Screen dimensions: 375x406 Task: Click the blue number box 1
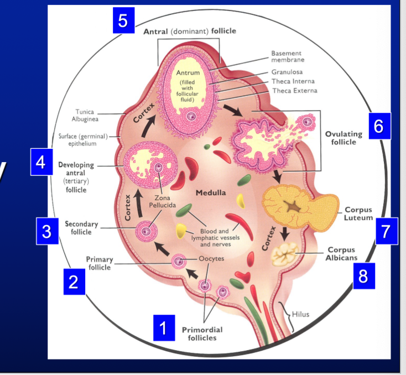[163, 327]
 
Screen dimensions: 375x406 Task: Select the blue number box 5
[123, 20]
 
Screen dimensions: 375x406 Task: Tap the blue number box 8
[363, 276]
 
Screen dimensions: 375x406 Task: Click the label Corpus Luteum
[358, 214]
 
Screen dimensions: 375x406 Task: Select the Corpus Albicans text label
[341, 254]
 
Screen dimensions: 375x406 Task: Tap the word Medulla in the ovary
[211, 193]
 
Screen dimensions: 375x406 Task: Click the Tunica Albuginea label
[85, 115]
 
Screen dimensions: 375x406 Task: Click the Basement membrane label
[288, 56]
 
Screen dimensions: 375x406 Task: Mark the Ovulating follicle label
[343, 138]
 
